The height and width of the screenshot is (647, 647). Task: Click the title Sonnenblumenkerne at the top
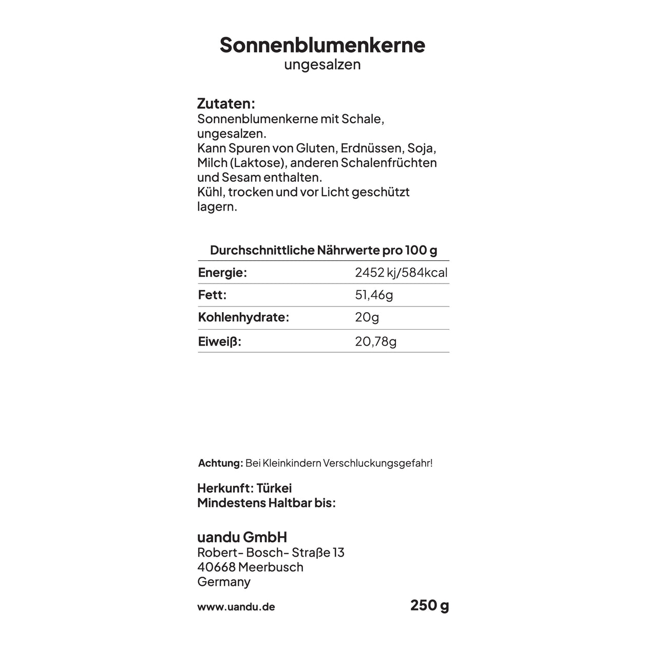tap(322, 45)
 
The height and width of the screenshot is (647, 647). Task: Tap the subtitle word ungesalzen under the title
tap(322, 65)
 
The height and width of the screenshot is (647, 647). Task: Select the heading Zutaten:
tap(226, 104)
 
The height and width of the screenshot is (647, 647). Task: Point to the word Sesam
tap(241, 178)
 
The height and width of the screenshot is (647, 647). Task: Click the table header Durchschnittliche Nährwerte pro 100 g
tap(323, 251)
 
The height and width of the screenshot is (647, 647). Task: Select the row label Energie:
tap(222, 273)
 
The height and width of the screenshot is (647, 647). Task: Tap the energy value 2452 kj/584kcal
tap(401, 273)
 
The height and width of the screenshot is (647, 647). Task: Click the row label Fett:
tap(212, 295)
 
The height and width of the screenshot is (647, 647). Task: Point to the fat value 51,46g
tap(374, 295)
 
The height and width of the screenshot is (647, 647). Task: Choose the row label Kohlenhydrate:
tap(243, 317)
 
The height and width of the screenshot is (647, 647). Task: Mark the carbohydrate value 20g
tap(367, 317)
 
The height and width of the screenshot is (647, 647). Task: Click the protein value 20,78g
tap(375, 341)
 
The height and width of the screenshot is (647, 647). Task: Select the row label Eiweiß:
tap(219, 341)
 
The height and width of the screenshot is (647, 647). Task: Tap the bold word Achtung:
tap(220, 463)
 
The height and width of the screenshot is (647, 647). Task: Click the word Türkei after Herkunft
tap(274, 488)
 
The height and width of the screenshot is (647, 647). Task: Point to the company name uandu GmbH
tap(242, 538)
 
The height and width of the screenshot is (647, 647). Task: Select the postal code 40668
tap(216, 567)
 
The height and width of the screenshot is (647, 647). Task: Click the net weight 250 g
tap(429, 605)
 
